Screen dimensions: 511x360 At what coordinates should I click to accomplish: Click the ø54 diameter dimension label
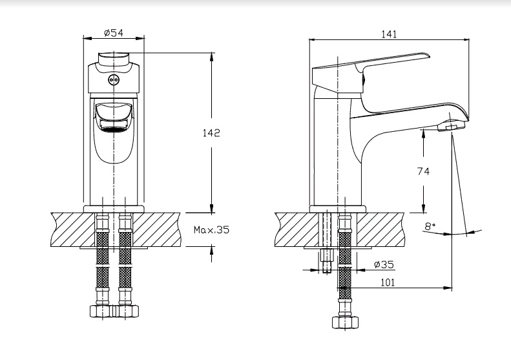(x=114, y=33)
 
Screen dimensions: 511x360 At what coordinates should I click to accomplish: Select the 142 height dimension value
(x=211, y=133)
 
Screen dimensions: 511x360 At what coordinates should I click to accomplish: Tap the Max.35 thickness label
(x=212, y=230)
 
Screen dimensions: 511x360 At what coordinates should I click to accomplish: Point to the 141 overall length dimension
(x=389, y=34)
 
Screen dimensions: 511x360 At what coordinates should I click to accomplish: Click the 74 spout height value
(x=423, y=171)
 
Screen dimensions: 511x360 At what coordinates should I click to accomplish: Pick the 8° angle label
(x=430, y=226)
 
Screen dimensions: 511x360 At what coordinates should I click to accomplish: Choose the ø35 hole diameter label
(x=384, y=264)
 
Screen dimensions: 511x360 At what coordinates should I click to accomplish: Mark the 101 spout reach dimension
(x=388, y=282)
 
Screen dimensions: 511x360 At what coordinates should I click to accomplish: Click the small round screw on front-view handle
(x=114, y=79)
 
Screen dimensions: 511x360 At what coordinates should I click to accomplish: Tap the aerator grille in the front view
(x=113, y=126)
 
